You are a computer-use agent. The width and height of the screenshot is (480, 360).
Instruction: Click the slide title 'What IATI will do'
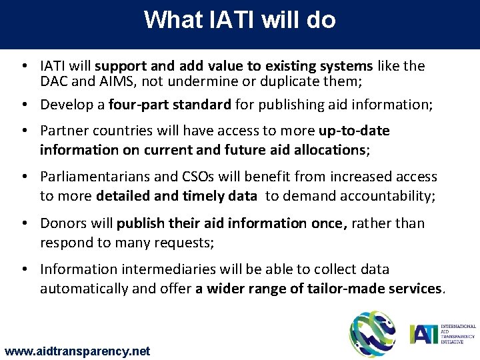[240, 20]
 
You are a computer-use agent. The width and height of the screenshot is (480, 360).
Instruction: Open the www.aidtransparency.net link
[77, 351]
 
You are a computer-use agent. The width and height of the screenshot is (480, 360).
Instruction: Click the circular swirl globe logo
[373, 334]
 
